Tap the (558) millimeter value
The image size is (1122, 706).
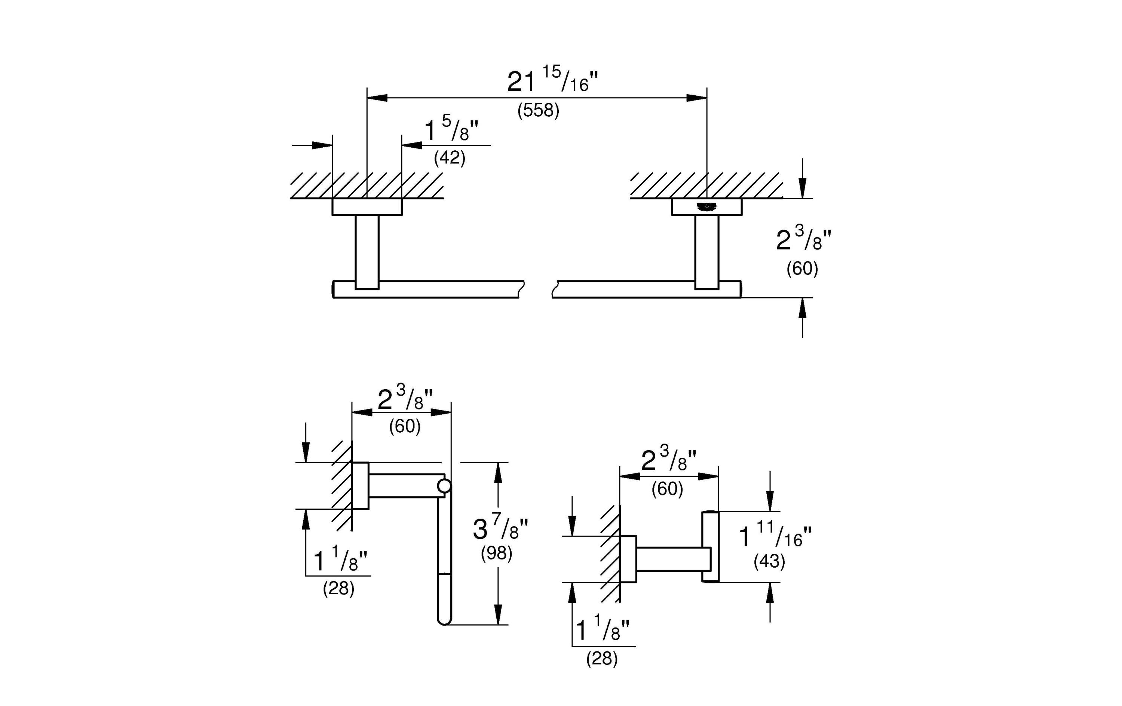[538, 110]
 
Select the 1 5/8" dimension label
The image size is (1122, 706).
[451, 130]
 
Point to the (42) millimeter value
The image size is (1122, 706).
[450, 157]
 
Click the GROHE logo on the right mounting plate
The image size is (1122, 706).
[706, 206]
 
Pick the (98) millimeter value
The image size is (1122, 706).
[496, 553]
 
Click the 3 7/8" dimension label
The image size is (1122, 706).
[500, 528]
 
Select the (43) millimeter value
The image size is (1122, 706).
[769, 561]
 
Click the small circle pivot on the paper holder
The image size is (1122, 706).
[444, 486]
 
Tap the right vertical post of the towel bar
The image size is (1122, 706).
[706, 252]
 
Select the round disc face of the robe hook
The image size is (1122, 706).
[711, 547]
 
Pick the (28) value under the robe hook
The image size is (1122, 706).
[601, 659]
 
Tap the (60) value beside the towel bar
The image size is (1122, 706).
[802, 269]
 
